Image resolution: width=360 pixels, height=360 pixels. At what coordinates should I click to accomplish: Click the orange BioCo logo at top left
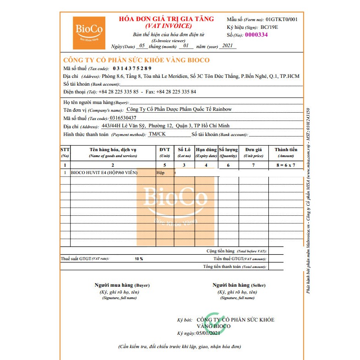(x=89, y=33)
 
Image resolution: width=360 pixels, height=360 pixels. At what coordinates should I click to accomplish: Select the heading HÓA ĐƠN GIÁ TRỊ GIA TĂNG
(x=166, y=19)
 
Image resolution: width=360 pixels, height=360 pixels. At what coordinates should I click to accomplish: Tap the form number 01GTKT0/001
(x=281, y=19)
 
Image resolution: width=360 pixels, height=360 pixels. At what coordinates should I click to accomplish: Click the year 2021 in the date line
(x=227, y=46)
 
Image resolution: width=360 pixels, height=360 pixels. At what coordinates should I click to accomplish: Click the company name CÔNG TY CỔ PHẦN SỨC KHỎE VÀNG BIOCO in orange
(x=136, y=60)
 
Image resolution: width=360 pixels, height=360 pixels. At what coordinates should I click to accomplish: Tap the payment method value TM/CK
(x=158, y=134)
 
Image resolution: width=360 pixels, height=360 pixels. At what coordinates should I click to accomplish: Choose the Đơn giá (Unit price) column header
(x=253, y=153)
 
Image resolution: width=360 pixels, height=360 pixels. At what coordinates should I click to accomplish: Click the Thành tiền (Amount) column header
(x=286, y=153)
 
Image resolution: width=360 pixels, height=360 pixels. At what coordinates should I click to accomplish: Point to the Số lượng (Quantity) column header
(x=228, y=153)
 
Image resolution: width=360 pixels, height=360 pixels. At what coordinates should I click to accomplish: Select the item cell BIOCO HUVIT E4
(x=97, y=173)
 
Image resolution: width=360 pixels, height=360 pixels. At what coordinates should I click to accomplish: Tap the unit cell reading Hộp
(x=160, y=173)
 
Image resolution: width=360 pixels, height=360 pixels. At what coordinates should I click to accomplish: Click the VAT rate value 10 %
(x=139, y=259)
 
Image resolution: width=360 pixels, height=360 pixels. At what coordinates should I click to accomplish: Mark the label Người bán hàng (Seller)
(x=239, y=285)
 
